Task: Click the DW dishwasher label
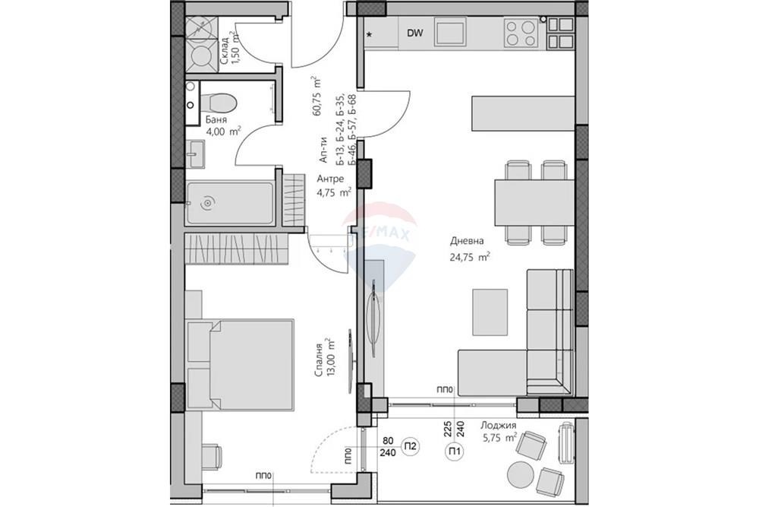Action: point(415,33)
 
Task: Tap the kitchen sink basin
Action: point(450,33)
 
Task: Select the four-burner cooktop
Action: point(521,33)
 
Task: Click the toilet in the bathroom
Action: point(218,103)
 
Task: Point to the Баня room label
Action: point(216,120)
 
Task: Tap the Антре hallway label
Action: point(330,179)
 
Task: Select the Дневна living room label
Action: point(467,240)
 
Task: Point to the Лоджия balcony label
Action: point(498,426)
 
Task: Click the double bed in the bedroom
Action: point(240,365)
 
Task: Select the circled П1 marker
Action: point(454,452)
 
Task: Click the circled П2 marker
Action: point(411,446)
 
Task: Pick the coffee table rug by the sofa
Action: point(490,312)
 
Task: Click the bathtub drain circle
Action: point(208,203)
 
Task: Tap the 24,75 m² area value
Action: point(470,257)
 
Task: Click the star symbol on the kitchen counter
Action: point(370,34)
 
